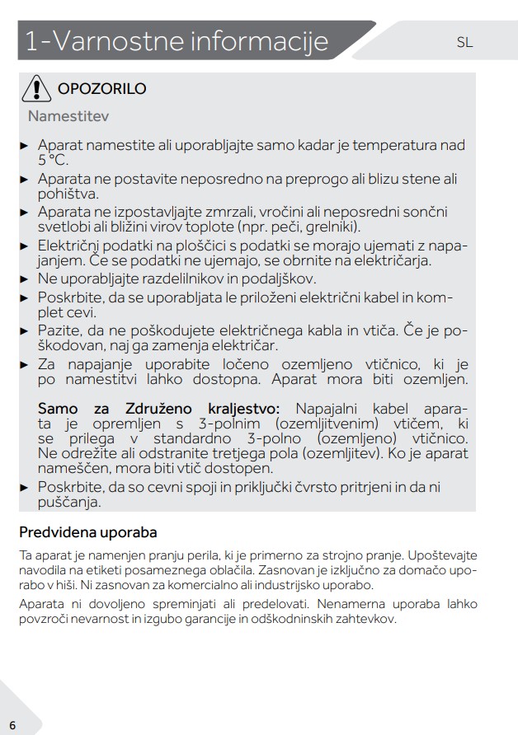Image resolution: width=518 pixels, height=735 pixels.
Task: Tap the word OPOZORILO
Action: (101, 89)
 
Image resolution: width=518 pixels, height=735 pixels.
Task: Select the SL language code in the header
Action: (464, 42)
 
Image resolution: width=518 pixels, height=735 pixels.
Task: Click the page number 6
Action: (12, 724)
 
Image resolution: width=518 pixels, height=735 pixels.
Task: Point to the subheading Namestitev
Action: (68, 116)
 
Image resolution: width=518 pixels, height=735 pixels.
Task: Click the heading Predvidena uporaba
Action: (88, 532)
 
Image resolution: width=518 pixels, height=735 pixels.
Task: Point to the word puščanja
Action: (68, 502)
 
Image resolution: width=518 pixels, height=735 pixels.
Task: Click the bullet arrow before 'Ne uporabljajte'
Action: (24, 279)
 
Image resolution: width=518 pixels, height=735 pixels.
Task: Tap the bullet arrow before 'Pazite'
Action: (24, 330)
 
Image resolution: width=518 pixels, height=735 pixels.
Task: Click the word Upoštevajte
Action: (443, 555)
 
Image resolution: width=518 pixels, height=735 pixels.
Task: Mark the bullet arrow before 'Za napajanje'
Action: (24, 364)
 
